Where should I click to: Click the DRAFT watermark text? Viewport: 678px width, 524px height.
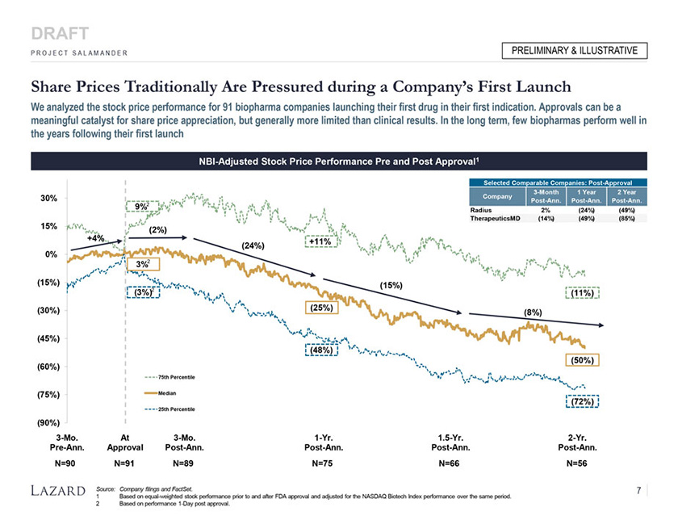(59, 34)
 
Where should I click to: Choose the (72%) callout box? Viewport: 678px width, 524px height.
(581, 401)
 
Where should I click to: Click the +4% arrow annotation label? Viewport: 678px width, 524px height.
(97, 239)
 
